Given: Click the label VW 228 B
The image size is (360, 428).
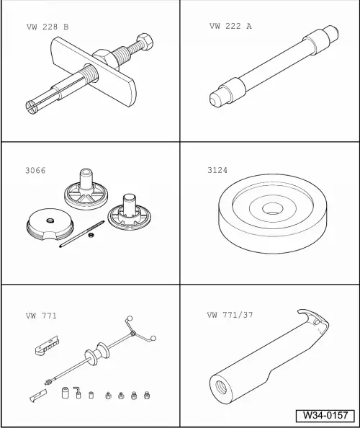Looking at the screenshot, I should [47, 27].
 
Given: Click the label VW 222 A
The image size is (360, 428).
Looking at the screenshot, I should [230, 26].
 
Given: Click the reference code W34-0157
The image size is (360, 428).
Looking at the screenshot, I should [325, 416].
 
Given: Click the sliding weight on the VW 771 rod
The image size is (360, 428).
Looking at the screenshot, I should [92, 357].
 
